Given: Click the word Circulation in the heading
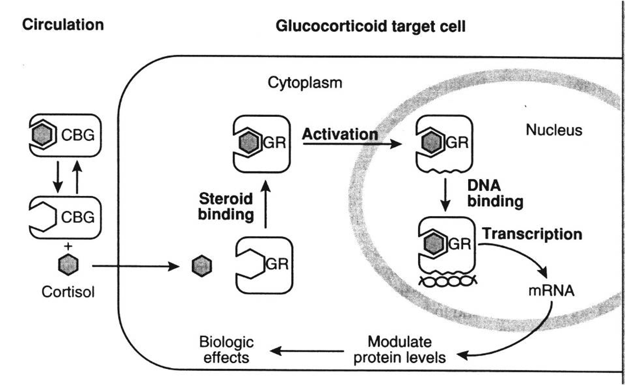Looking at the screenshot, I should click(63, 24).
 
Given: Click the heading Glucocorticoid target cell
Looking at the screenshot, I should click(370, 26).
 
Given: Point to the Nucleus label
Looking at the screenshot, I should click(554, 130).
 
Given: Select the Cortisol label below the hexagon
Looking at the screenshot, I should click(68, 292).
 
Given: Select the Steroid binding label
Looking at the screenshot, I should click(226, 206).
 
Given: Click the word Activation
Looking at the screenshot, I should click(340, 134).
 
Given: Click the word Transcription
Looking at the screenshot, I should click(531, 234).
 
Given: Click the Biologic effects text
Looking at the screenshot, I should click(227, 350).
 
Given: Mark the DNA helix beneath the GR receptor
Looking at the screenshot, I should click(446, 281).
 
